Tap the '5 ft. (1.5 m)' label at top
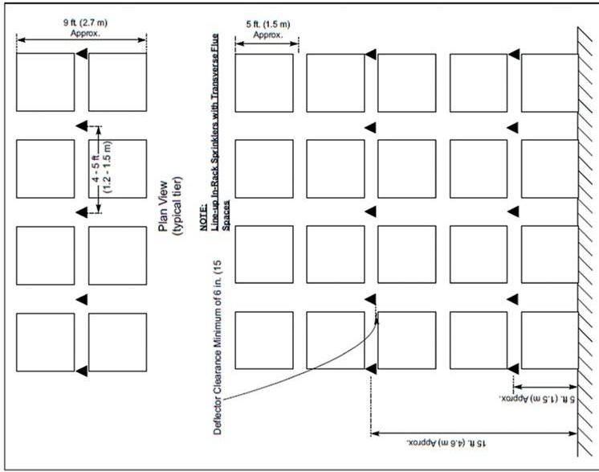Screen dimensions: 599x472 point(267,24)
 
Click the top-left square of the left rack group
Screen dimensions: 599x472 point(45,82)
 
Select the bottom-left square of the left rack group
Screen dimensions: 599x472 point(45,342)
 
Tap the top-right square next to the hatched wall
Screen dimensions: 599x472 point(549,82)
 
